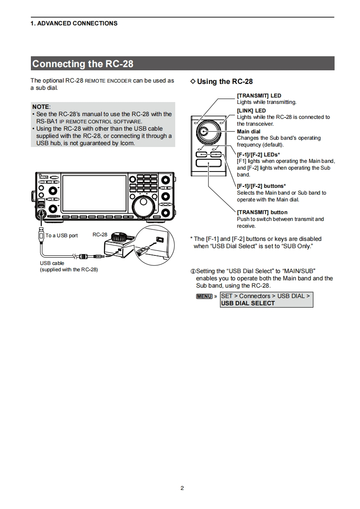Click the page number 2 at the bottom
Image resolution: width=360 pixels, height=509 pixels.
pos(182,488)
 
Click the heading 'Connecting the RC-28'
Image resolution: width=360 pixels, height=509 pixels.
pos(83,64)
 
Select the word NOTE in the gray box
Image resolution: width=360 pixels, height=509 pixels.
pos(41,107)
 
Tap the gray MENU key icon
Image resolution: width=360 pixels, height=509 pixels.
pos(204,296)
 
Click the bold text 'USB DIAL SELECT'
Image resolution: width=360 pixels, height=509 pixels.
pos(248,303)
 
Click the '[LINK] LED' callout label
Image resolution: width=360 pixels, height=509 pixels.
pos(252,110)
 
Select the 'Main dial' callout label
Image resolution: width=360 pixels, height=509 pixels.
pos(249,132)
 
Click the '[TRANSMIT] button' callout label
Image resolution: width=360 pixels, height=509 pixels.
pos(262,212)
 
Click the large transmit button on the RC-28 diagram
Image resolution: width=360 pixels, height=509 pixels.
pos(209,167)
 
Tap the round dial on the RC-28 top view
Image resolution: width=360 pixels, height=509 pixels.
pos(209,132)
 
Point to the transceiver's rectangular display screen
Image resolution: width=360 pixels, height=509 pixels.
pos(94,193)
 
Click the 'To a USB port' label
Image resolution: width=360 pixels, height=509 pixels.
pos(62,235)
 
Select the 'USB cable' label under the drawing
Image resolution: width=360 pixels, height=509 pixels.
pos(52,263)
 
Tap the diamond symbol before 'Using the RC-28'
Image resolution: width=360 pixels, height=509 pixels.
pos(193,81)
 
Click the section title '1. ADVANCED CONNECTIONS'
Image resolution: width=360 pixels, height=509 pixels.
pos(74,23)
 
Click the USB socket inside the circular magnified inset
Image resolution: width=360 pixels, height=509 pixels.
pos(160,239)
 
